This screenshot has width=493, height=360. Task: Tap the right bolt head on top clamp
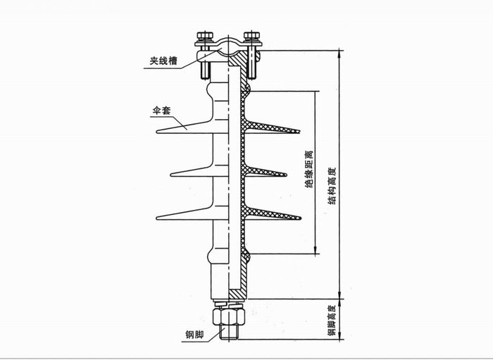point(251,35)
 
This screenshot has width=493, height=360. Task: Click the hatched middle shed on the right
point(268,171)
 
